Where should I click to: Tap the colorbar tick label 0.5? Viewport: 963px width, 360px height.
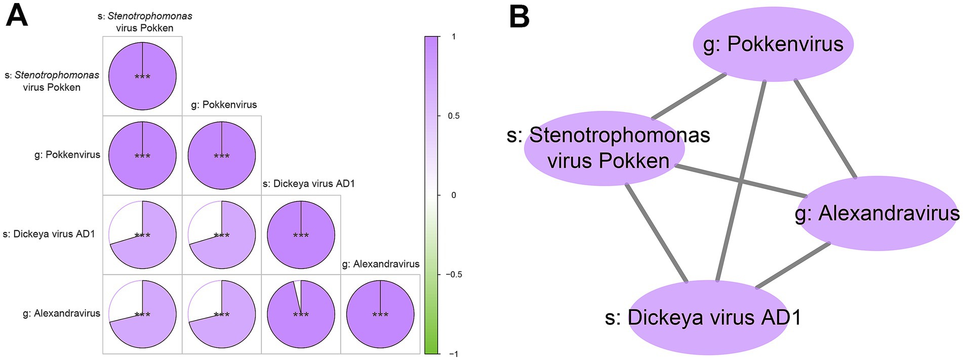coord(454,116)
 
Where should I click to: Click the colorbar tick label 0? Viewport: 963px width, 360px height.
coord(453,195)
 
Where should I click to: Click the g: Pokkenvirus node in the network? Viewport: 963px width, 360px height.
coord(773,45)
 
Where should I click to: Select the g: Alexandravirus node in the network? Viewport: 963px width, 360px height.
coord(877,214)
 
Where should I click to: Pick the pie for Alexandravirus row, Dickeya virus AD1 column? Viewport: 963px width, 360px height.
coord(301,314)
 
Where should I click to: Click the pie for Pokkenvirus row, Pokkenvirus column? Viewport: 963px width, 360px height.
coord(222,155)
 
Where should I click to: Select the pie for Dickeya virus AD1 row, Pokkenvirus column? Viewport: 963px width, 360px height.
coord(222,234)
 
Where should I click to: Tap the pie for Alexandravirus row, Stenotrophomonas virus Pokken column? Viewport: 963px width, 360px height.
coord(142,314)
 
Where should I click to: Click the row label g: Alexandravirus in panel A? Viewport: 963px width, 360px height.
coord(62,313)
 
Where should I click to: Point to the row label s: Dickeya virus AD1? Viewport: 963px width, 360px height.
coord(49,234)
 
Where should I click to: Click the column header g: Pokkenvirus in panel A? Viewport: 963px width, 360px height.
coord(224,105)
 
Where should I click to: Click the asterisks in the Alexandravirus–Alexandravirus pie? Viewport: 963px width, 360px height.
coord(380,315)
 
